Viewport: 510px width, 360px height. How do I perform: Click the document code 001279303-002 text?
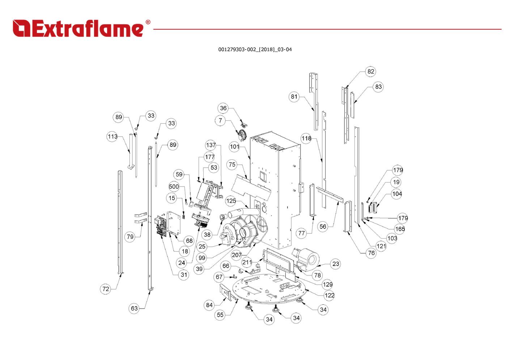pos(255,50)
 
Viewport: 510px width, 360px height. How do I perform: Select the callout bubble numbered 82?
pos(371,72)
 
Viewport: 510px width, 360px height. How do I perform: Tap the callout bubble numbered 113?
pos(112,137)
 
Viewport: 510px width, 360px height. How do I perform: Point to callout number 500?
pos(174,187)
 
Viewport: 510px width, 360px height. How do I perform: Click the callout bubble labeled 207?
pos(237,255)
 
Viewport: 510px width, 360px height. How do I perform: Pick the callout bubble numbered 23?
pos(336,264)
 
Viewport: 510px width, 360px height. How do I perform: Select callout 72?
pos(106,289)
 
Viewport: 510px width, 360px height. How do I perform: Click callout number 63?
pos(134,308)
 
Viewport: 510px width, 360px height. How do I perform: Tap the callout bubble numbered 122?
pos(329,295)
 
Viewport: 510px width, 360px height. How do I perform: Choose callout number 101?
pos(235,147)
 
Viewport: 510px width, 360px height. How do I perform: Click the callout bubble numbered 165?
pos(400,229)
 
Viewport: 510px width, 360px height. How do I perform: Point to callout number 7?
pos(221,121)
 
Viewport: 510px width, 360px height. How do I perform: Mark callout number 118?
pos(306,138)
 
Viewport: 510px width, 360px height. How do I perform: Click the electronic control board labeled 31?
pos(161,226)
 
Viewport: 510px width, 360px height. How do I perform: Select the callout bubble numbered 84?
pos(209,305)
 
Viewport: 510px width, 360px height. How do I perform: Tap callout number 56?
pos(323,227)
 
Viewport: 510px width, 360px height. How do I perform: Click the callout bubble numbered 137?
pos(211,145)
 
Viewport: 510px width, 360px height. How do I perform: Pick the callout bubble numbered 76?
pos(371,253)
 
